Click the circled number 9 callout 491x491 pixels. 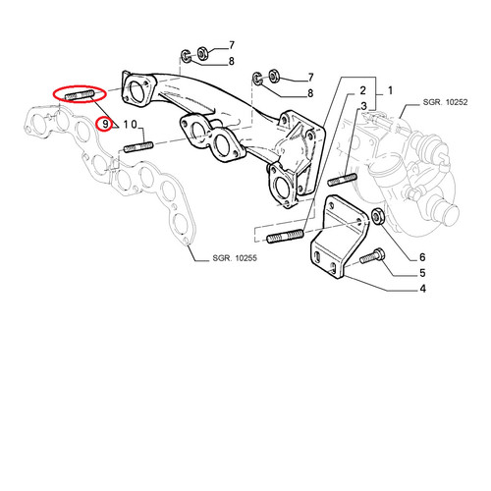pyautogui.click(x=105, y=124)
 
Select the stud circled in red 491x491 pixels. pyautogui.click(x=80, y=95)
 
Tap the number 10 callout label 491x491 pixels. pyautogui.click(x=130, y=124)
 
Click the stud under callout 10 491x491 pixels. pyautogui.click(x=138, y=146)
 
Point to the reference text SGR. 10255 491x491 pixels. pyautogui.click(x=235, y=258)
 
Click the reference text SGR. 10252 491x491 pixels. pyautogui.click(x=445, y=102)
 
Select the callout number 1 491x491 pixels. pyautogui.click(x=390, y=90)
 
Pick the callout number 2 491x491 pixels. pyautogui.click(x=362, y=90)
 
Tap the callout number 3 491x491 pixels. pyautogui.click(x=363, y=106)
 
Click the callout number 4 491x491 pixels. pyautogui.click(x=422, y=289)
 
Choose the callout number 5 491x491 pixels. pyautogui.click(x=422, y=273)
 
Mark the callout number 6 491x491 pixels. pyautogui.click(x=422, y=257)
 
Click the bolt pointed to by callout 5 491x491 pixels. pyautogui.click(x=372, y=256)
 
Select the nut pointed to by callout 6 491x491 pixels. pyautogui.click(x=378, y=216)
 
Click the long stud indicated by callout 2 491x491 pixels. pyautogui.click(x=286, y=236)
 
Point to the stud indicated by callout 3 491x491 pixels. pyautogui.click(x=343, y=180)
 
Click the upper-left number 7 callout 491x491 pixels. pyautogui.click(x=232, y=45)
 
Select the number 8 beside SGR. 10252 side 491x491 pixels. pyautogui.click(x=310, y=93)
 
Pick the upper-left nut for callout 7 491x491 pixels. pyautogui.click(x=202, y=53)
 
